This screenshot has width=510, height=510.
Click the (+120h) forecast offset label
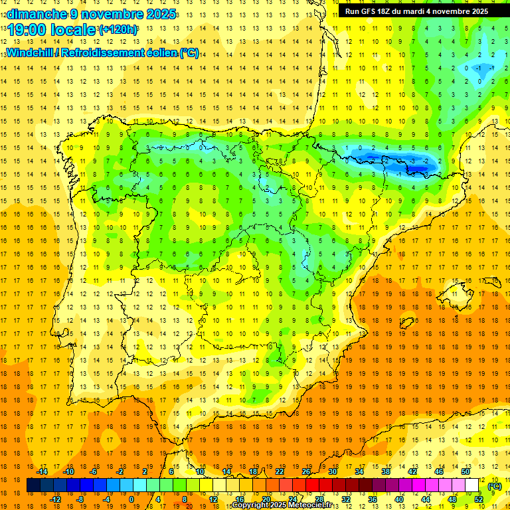(x=118, y=30)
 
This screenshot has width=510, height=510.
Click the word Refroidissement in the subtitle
(x=108, y=52)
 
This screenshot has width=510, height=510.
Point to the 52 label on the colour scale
(x=479, y=499)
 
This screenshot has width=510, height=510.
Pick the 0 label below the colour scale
(x=131, y=499)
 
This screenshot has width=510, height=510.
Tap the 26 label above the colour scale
(x=306, y=471)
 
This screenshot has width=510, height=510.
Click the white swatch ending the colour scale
(x=472, y=485)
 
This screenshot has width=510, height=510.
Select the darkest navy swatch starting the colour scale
(x=33, y=485)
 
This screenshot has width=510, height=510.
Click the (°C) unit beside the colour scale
(x=494, y=485)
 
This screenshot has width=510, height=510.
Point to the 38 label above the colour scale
(x=386, y=471)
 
